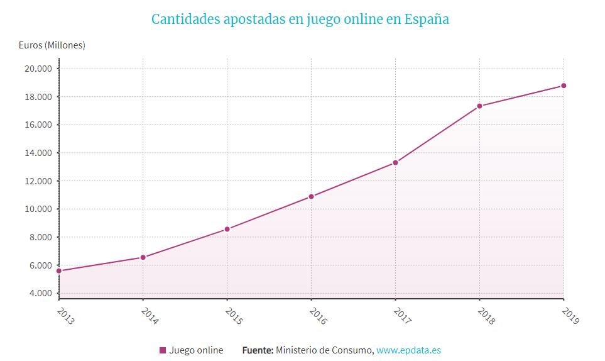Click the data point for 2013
coord(59,271)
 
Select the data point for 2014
coord(143,257)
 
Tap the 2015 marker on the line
coord(227,229)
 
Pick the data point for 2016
coord(311,197)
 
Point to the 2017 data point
coord(395,163)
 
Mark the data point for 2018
coord(479,106)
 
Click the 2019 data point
coord(564,86)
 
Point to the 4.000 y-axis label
coord(40,293)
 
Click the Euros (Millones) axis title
coord(52,45)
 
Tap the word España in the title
coord(427,19)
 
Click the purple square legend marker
coord(163,350)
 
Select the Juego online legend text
coord(196,350)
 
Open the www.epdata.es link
coord(408,350)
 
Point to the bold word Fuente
coord(258,350)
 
